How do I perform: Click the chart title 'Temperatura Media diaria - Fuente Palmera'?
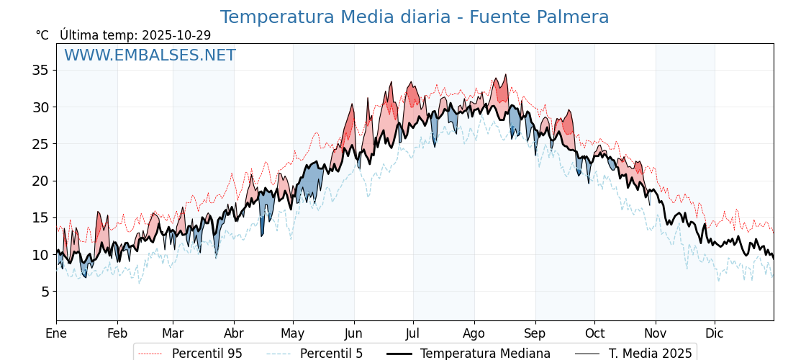[415, 17]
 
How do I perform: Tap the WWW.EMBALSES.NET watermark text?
[150, 55]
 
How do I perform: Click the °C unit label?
[42, 35]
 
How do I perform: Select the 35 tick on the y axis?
[40, 70]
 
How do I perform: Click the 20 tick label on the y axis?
[40, 181]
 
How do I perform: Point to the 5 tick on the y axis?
[44, 292]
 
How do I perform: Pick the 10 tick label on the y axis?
[40, 255]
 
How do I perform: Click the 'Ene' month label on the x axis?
[56, 333]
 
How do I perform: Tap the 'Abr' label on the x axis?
[234, 333]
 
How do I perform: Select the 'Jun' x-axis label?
[353, 333]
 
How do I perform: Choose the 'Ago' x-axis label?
[474, 333]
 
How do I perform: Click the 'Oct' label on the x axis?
[594, 333]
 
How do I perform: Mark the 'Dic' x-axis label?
[715, 333]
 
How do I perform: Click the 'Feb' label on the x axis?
[117, 333]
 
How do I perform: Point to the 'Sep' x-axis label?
[535, 333]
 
